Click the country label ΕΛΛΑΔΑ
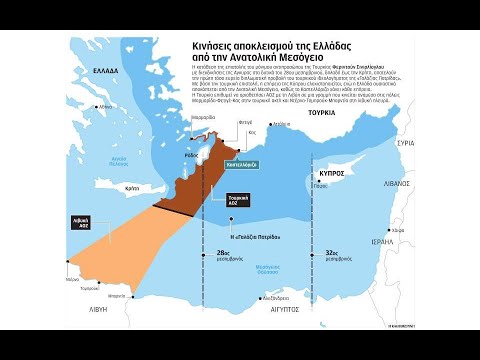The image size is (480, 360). click(106, 72)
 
